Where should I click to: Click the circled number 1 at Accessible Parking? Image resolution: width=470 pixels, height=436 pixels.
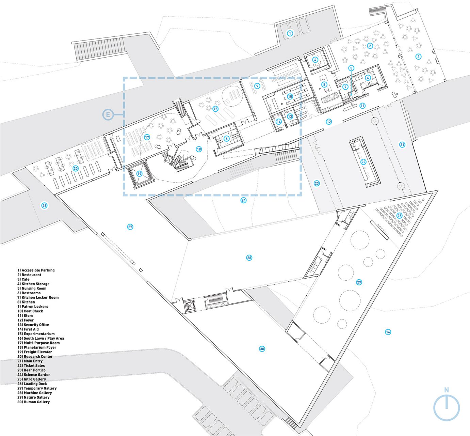[290, 33]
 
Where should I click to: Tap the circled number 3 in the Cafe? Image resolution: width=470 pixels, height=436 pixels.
[418, 57]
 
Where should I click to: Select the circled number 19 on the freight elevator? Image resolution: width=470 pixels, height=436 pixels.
[139, 174]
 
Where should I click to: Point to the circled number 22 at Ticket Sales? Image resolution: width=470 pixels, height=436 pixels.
[363, 162]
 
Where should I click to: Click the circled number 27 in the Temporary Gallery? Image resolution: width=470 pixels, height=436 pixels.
[130, 227]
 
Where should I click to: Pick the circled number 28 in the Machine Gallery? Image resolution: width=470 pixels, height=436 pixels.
[249, 258]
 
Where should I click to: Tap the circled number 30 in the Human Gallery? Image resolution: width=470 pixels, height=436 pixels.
[262, 349]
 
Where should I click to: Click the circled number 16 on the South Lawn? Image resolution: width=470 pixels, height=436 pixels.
[388, 332]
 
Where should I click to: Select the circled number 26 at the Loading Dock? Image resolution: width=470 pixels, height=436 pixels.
[44, 205]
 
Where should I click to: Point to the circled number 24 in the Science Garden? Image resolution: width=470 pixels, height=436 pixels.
[244, 200]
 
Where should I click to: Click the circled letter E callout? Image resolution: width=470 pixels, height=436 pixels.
[108, 115]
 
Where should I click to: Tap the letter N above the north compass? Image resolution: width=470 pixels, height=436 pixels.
[446, 390]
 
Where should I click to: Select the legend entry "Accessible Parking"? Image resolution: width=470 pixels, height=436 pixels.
[36, 270]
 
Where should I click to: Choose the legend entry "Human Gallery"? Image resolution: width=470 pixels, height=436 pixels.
[34, 402]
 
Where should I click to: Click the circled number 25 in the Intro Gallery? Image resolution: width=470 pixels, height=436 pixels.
[400, 216]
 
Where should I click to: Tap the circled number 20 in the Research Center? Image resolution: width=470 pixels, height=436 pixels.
[76, 169]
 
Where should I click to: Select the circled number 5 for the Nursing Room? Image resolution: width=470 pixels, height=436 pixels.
[351, 68]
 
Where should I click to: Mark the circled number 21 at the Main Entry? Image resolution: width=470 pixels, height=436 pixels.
[402, 144]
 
